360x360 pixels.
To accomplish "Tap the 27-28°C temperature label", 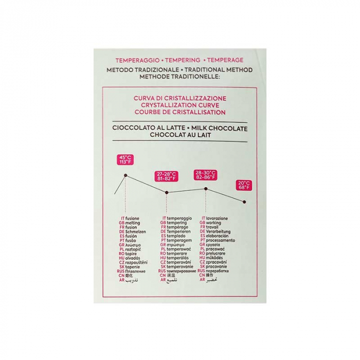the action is [x=166, y=176].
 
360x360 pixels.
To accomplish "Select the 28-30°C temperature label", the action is [x=205, y=174].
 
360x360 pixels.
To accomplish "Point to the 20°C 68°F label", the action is [x=244, y=185].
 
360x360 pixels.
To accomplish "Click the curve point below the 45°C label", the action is [x=125, y=175].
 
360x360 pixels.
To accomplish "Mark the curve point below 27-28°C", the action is [x=166, y=193].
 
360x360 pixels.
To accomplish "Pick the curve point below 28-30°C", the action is [x=206, y=189].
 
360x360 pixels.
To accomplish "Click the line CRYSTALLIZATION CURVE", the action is [x=179, y=104].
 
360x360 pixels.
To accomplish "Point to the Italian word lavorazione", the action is [x=219, y=218].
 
